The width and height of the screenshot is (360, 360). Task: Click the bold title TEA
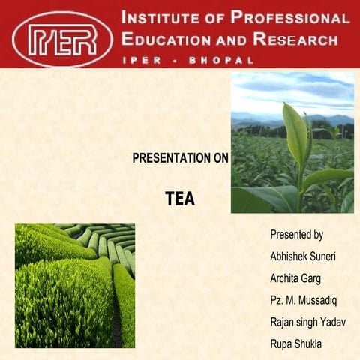180,199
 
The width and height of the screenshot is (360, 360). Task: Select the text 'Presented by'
296,235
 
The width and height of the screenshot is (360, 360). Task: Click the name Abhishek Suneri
303,256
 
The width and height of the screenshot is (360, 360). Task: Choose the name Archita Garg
295,278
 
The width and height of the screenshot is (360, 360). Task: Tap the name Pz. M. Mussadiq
304,300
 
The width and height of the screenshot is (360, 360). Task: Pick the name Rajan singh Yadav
307,322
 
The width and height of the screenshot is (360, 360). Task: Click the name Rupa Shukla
295,344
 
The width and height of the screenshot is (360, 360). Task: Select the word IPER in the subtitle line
137,59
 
